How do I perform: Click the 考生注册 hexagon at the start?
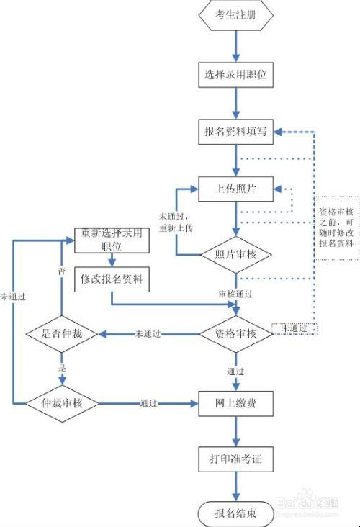(x=235, y=15)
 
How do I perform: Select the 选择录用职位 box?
(x=235, y=75)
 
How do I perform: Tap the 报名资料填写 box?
(x=235, y=132)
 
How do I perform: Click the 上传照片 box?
(x=235, y=189)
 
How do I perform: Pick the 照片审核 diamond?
(x=236, y=255)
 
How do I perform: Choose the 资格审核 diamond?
(x=236, y=334)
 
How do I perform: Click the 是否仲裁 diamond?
(x=62, y=334)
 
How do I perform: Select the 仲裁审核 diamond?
(x=62, y=403)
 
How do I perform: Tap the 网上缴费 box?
(x=235, y=404)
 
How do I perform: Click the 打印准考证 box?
(x=235, y=459)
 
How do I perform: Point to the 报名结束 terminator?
(x=235, y=513)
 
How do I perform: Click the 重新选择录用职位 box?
(x=112, y=240)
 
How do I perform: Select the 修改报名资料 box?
(x=112, y=279)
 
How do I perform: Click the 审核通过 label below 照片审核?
(x=235, y=294)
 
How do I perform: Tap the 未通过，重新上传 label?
(x=176, y=222)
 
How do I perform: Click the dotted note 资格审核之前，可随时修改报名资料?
(x=336, y=228)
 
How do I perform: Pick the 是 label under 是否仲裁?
(x=62, y=369)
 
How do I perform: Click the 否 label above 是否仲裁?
(x=61, y=271)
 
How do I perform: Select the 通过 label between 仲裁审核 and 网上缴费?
(x=148, y=403)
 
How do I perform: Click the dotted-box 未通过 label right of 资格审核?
(x=294, y=329)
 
